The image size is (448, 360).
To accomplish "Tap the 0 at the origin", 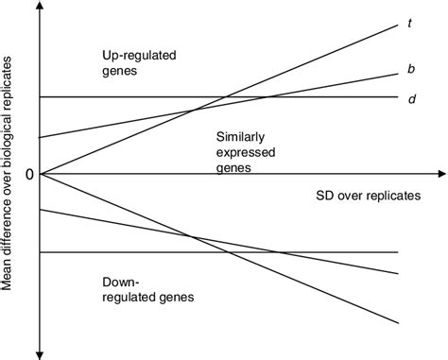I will point(29,175).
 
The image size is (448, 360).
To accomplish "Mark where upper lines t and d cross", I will point(223,97).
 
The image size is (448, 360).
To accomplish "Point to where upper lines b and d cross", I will point(274,97).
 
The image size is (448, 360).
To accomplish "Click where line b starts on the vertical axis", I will point(39,138).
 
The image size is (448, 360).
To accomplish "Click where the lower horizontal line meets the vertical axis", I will point(39,252).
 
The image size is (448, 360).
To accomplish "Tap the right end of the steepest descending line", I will point(397,323).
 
